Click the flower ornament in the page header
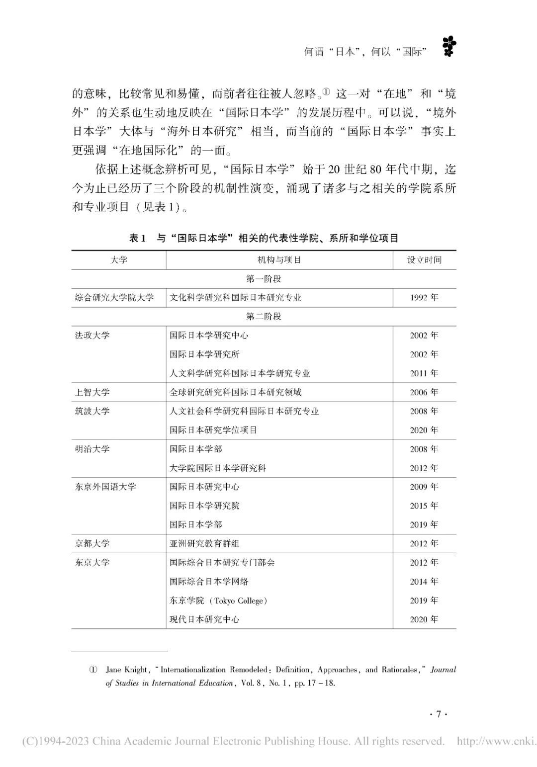[x=449, y=47]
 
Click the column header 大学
[x=119, y=260]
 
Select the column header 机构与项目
[x=279, y=260]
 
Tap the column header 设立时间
[x=424, y=260]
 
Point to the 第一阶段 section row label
[x=264, y=279]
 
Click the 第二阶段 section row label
[x=264, y=316]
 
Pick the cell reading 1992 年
[x=424, y=298]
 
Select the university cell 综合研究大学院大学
[x=114, y=298]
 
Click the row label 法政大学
[x=92, y=336]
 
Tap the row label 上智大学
[x=92, y=392]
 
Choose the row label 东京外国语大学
[x=105, y=487]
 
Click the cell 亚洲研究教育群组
[x=204, y=543]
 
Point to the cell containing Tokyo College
[x=218, y=600]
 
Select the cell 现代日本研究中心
[x=204, y=619]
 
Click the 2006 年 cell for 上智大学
[x=424, y=392]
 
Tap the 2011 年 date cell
[x=424, y=373]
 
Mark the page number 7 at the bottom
[x=438, y=714]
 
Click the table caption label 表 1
[x=137, y=238]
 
